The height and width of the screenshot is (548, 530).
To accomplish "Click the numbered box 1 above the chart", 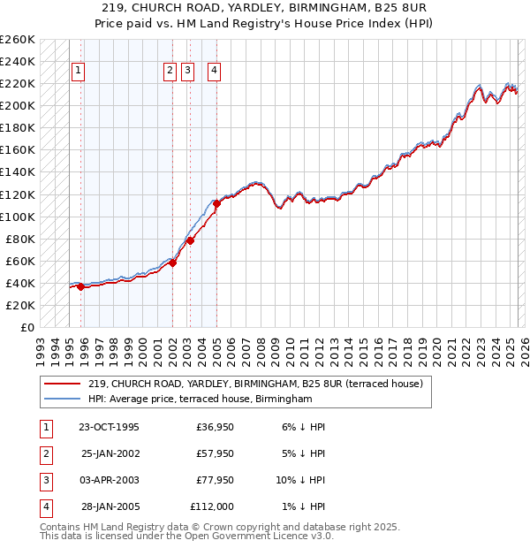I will (x=79, y=72).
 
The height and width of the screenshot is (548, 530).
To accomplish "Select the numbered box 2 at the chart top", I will (x=170, y=72).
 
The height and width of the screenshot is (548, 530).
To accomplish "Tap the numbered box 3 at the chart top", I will (x=188, y=72).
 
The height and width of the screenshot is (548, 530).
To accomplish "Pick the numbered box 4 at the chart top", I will (x=215, y=72).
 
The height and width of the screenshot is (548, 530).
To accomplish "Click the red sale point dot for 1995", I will (x=80, y=286).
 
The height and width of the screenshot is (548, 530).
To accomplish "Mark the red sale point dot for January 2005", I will (x=216, y=203).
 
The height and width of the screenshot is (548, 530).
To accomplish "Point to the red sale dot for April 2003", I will (x=190, y=240).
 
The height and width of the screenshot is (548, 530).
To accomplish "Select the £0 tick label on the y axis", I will (x=26, y=327).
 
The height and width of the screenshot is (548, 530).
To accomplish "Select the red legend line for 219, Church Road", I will (x=63, y=384).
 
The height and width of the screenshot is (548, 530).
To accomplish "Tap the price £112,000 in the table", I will (x=212, y=506).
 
